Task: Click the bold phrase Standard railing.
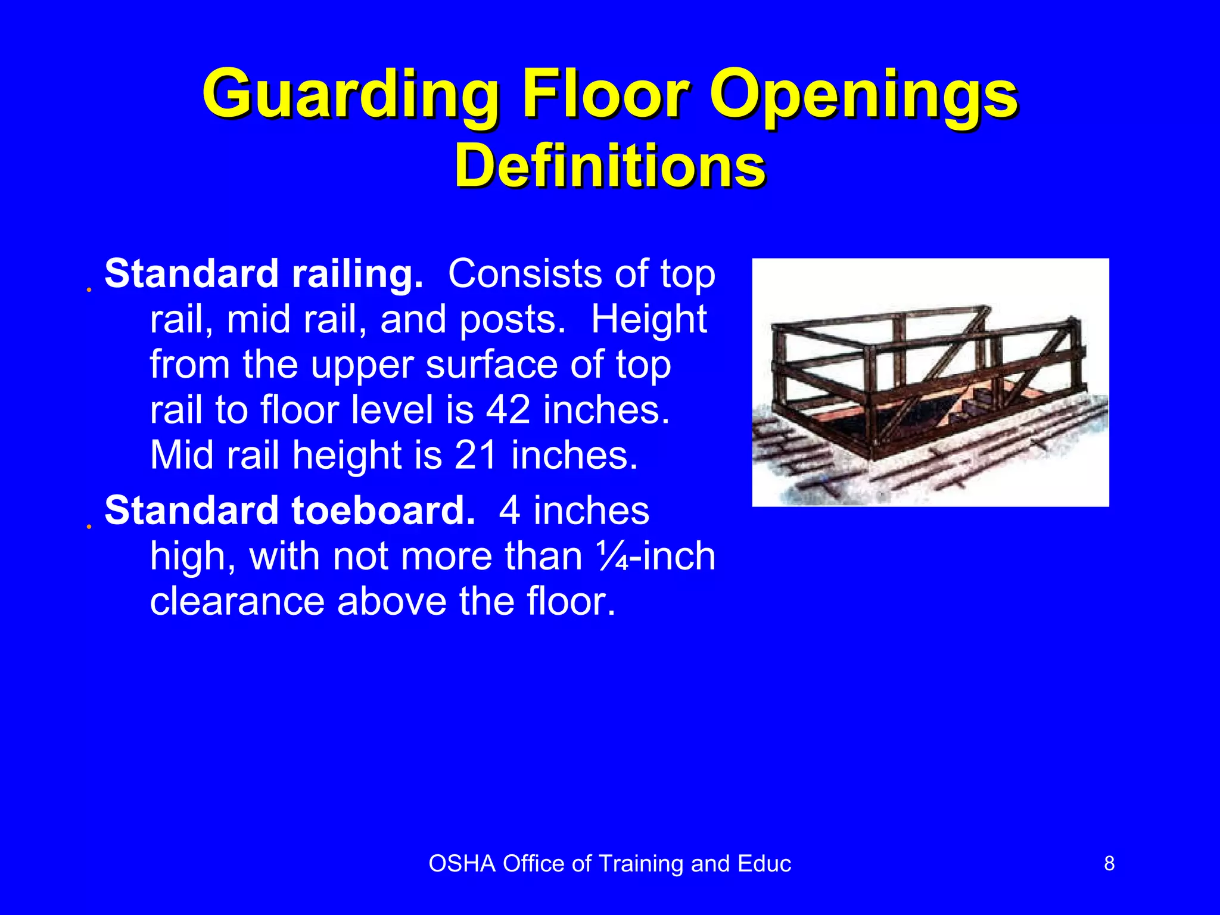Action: [263, 274]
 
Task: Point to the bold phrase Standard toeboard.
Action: [290, 511]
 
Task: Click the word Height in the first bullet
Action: [649, 320]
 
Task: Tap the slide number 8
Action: [1109, 863]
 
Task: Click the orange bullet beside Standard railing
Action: [89, 290]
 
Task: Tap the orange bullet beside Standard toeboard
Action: [89, 527]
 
